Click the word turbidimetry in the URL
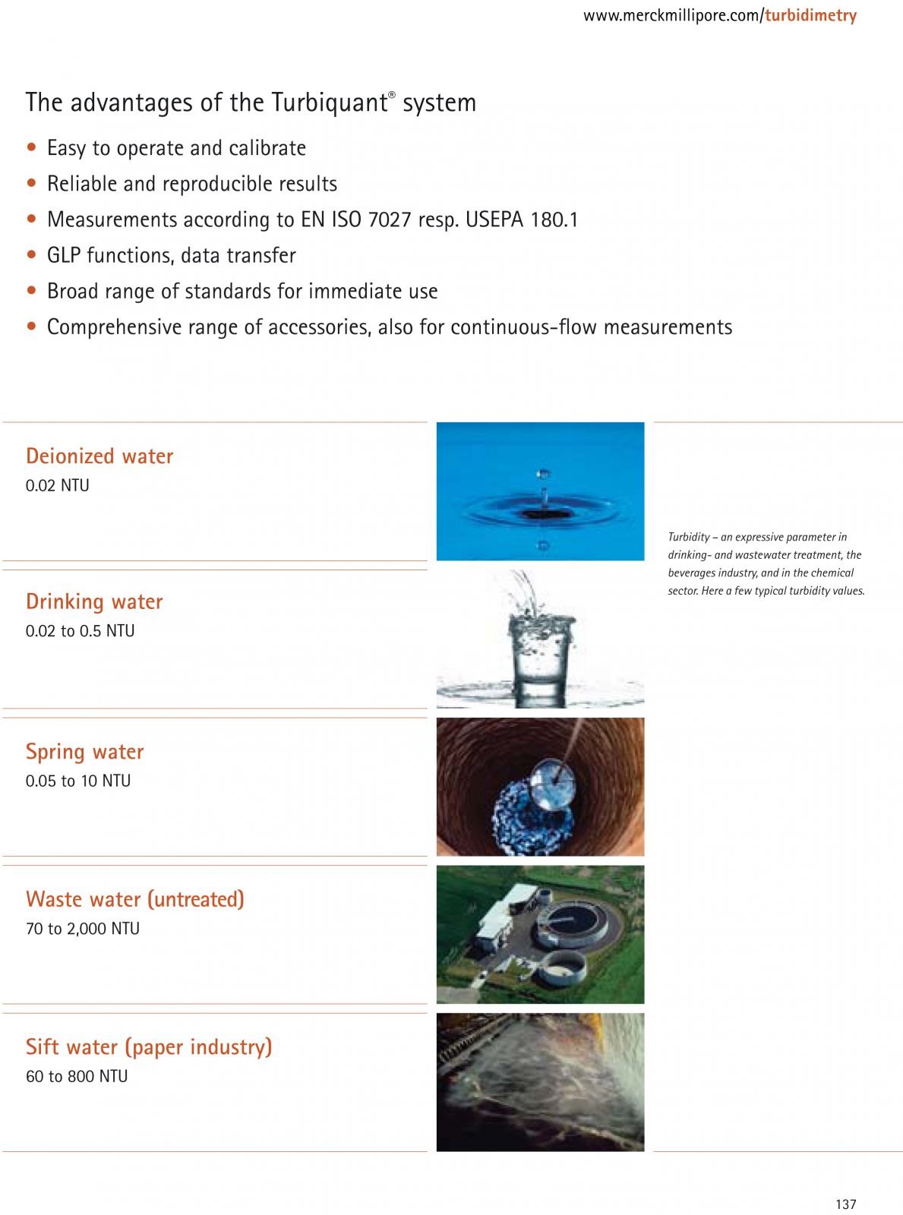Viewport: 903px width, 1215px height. coord(810,15)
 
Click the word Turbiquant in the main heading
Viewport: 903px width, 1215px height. coord(329,103)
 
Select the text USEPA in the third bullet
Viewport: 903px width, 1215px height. coord(494,219)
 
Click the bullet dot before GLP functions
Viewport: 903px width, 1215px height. coord(31,255)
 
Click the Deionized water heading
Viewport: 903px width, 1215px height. coord(99,456)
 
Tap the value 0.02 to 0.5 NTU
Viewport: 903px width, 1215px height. coord(80,631)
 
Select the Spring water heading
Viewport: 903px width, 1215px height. coord(84,752)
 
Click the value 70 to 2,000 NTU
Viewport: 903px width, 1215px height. coord(83,929)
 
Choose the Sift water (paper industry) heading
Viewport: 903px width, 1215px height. coord(149,1047)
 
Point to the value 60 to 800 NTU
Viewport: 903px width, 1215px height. coord(77,1076)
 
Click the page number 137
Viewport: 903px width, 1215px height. coord(845,1204)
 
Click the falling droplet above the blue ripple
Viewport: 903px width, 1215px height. coord(543,475)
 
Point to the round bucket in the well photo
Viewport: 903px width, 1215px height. coord(553,784)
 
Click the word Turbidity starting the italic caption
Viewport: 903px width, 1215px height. coord(689,537)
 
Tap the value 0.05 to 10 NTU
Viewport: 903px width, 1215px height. coord(78,781)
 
